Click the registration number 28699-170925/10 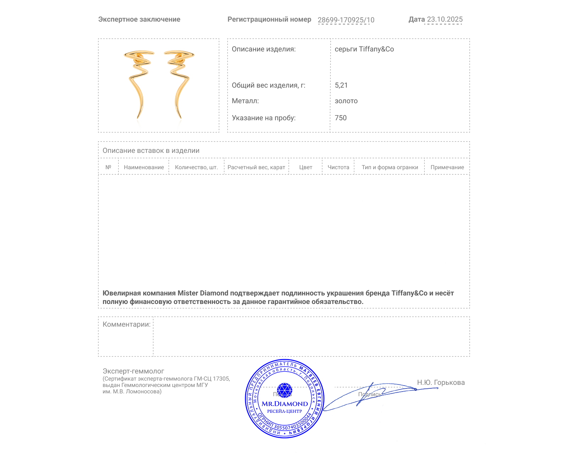click(x=346, y=20)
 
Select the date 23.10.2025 click(x=444, y=19)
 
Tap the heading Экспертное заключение click(x=139, y=20)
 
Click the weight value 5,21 click(x=341, y=85)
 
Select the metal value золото click(x=346, y=101)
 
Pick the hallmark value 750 click(x=340, y=118)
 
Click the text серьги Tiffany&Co click(x=364, y=49)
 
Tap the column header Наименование click(x=144, y=167)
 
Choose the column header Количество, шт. click(x=196, y=167)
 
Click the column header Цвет click(x=306, y=167)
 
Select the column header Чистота click(x=338, y=167)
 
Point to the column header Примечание click(x=447, y=167)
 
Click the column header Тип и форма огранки click(x=390, y=167)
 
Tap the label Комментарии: click(x=126, y=324)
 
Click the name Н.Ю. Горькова click(x=441, y=382)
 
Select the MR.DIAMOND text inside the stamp click(x=285, y=404)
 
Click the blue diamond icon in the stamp click(x=284, y=390)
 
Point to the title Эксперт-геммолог click(x=133, y=371)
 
